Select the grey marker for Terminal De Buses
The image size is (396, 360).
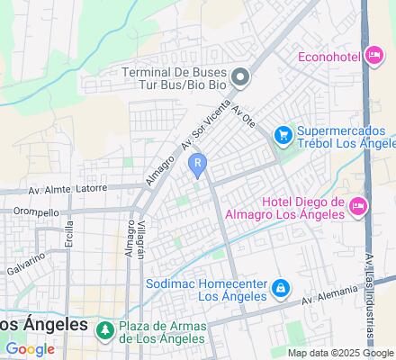239,76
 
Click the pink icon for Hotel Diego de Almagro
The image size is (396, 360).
358,208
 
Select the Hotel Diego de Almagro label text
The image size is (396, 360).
302,208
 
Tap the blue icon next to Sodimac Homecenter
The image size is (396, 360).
281,287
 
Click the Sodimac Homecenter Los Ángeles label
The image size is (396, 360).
207,289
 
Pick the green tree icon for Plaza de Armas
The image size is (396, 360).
105,330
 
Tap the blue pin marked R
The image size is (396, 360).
197,164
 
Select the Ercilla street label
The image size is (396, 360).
68,243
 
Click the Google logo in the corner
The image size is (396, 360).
30,348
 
